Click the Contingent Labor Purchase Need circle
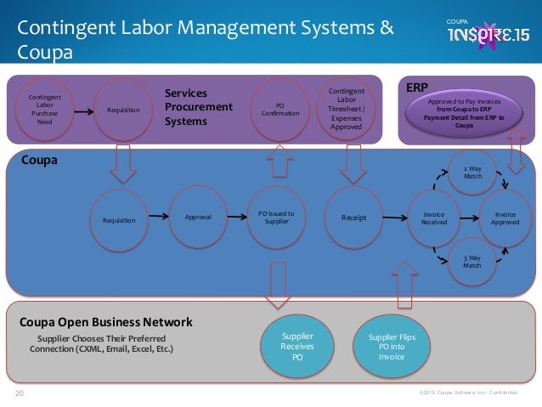click(x=45, y=110)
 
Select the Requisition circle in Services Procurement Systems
click(x=123, y=110)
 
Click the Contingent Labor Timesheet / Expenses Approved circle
click(x=345, y=109)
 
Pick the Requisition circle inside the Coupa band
click(x=119, y=220)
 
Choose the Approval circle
click(x=199, y=217)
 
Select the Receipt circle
click(x=353, y=218)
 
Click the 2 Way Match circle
click(x=472, y=172)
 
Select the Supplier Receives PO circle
click(x=297, y=347)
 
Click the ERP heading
click(x=416, y=87)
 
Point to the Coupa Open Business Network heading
click(x=106, y=322)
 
